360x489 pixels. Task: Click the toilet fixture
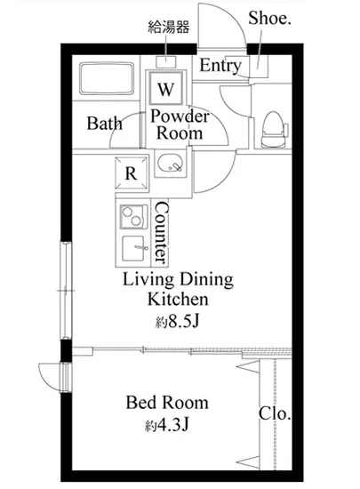tap(275, 130)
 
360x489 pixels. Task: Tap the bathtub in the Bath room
tap(107, 78)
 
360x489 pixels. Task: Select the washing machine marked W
tap(165, 88)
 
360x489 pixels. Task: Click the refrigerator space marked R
tap(132, 173)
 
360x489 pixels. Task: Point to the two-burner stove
tap(133, 217)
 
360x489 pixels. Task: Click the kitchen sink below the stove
tap(134, 248)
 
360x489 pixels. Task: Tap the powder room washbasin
tap(171, 163)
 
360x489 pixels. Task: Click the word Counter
tap(162, 232)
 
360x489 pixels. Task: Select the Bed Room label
tap(167, 402)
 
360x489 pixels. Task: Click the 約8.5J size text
tap(177, 322)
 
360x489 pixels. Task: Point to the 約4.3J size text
tap(167, 425)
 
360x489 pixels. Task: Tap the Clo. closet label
tap(275, 413)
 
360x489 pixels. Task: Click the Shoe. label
tap(269, 18)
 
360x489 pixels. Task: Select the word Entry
tap(220, 66)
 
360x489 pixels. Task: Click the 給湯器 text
tap(168, 28)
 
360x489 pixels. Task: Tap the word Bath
tap(104, 124)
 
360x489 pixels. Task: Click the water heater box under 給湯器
tap(166, 61)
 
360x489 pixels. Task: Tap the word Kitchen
tap(178, 299)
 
